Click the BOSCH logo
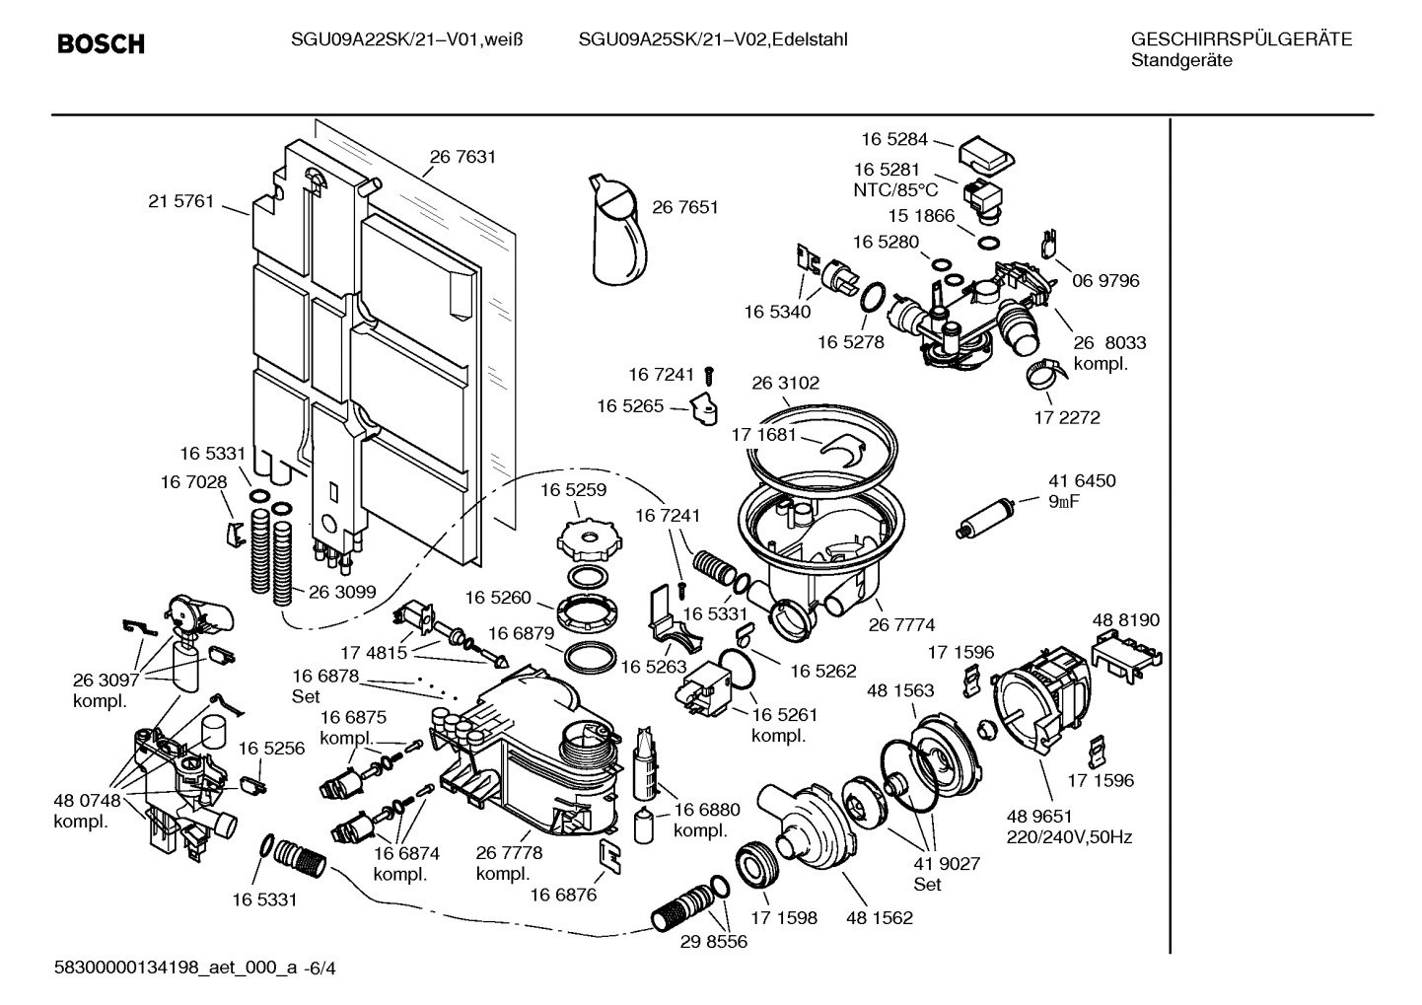pyautogui.click(x=101, y=44)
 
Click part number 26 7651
pyautogui.click(x=685, y=207)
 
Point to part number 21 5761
pyautogui.click(x=180, y=201)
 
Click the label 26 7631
pyautogui.click(x=462, y=156)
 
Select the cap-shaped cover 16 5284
pyautogui.click(x=987, y=153)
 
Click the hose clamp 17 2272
pyautogui.click(x=1043, y=374)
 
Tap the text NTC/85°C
pyautogui.click(x=895, y=190)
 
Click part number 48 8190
pyautogui.click(x=1126, y=620)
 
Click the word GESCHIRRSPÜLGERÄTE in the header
pyautogui.click(x=1241, y=39)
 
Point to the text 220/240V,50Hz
pyautogui.click(x=1069, y=837)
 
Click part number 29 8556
pyautogui.click(x=714, y=942)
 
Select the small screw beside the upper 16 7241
pyautogui.click(x=709, y=376)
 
